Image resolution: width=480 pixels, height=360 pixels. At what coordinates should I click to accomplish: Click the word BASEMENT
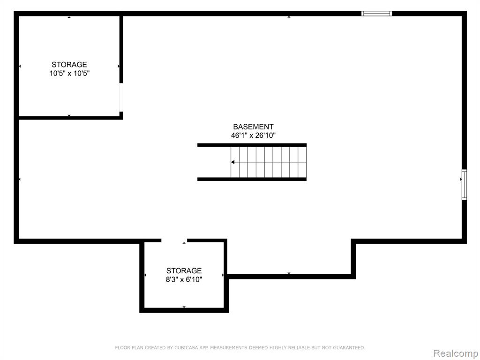(x=253, y=127)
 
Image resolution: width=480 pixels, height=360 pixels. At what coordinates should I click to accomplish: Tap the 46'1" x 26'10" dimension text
(x=253, y=135)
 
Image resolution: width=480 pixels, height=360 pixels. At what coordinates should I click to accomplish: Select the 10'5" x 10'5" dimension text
(x=69, y=74)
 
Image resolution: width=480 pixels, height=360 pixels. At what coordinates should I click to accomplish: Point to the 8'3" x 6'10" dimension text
(x=184, y=279)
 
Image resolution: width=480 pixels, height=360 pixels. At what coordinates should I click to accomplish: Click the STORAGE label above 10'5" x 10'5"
(x=69, y=65)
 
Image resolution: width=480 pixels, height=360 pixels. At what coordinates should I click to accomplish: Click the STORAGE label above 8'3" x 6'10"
(x=184, y=270)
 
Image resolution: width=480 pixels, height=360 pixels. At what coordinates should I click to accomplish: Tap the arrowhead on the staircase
(x=233, y=162)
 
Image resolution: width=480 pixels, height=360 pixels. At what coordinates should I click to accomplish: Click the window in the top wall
(x=376, y=14)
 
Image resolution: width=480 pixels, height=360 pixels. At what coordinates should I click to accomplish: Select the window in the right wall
(x=465, y=185)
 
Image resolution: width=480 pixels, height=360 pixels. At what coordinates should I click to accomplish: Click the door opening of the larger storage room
(x=121, y=97)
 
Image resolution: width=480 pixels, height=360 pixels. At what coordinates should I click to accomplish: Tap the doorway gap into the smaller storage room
(x=174, y=240)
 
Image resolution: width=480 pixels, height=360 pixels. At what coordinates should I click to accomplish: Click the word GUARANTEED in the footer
(x=349, y=348)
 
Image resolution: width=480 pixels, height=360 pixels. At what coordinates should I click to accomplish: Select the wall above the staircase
(x=252, y=145)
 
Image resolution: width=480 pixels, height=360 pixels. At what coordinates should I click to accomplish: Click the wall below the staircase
(x=252, y=179)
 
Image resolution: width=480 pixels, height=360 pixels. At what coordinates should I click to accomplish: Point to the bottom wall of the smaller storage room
(x=184, y=310)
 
